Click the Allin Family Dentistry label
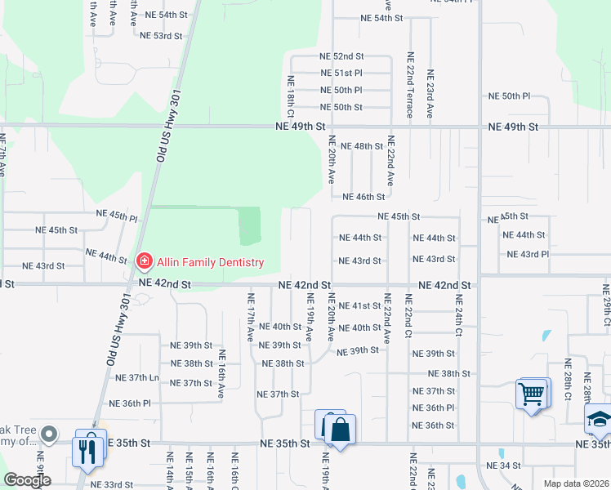212,262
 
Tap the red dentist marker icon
144,261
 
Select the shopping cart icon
532,394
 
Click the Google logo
27,481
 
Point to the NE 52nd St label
341,56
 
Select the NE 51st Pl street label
341,73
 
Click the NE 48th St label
362,146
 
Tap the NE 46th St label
363,197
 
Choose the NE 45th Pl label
117,216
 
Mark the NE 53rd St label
161,36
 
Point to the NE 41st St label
360,305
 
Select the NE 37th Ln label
137,377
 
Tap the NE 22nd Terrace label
410,91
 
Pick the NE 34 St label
503,465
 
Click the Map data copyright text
575,483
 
